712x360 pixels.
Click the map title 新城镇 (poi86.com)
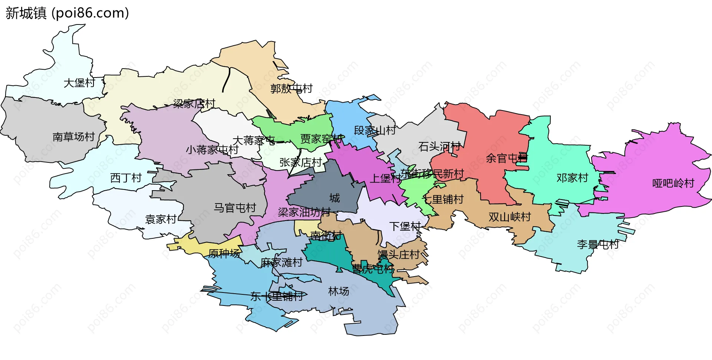[67, 13]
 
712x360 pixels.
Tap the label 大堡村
[79, 83]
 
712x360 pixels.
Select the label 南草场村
[73, 137]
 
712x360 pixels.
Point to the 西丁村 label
[126, 178]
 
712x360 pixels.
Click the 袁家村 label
[161, 219]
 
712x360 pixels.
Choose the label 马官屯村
[235, 208]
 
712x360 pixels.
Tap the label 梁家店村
[194, 103]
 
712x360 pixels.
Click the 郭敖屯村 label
[291, 89]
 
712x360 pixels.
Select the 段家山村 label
[375, 130]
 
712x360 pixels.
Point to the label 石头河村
[439, 146]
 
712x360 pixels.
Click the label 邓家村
[572, 178]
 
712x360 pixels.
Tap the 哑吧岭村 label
[673, 183]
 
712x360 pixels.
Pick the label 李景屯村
[598, 244]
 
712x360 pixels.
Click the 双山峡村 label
[510, 217]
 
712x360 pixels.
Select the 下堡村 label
[405, 226]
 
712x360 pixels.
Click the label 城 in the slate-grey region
[334, 198]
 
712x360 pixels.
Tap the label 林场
[339, 291]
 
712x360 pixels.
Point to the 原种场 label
[224, 254]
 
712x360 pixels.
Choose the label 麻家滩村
[281, 262]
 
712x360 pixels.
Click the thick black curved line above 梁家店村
[226, 80]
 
